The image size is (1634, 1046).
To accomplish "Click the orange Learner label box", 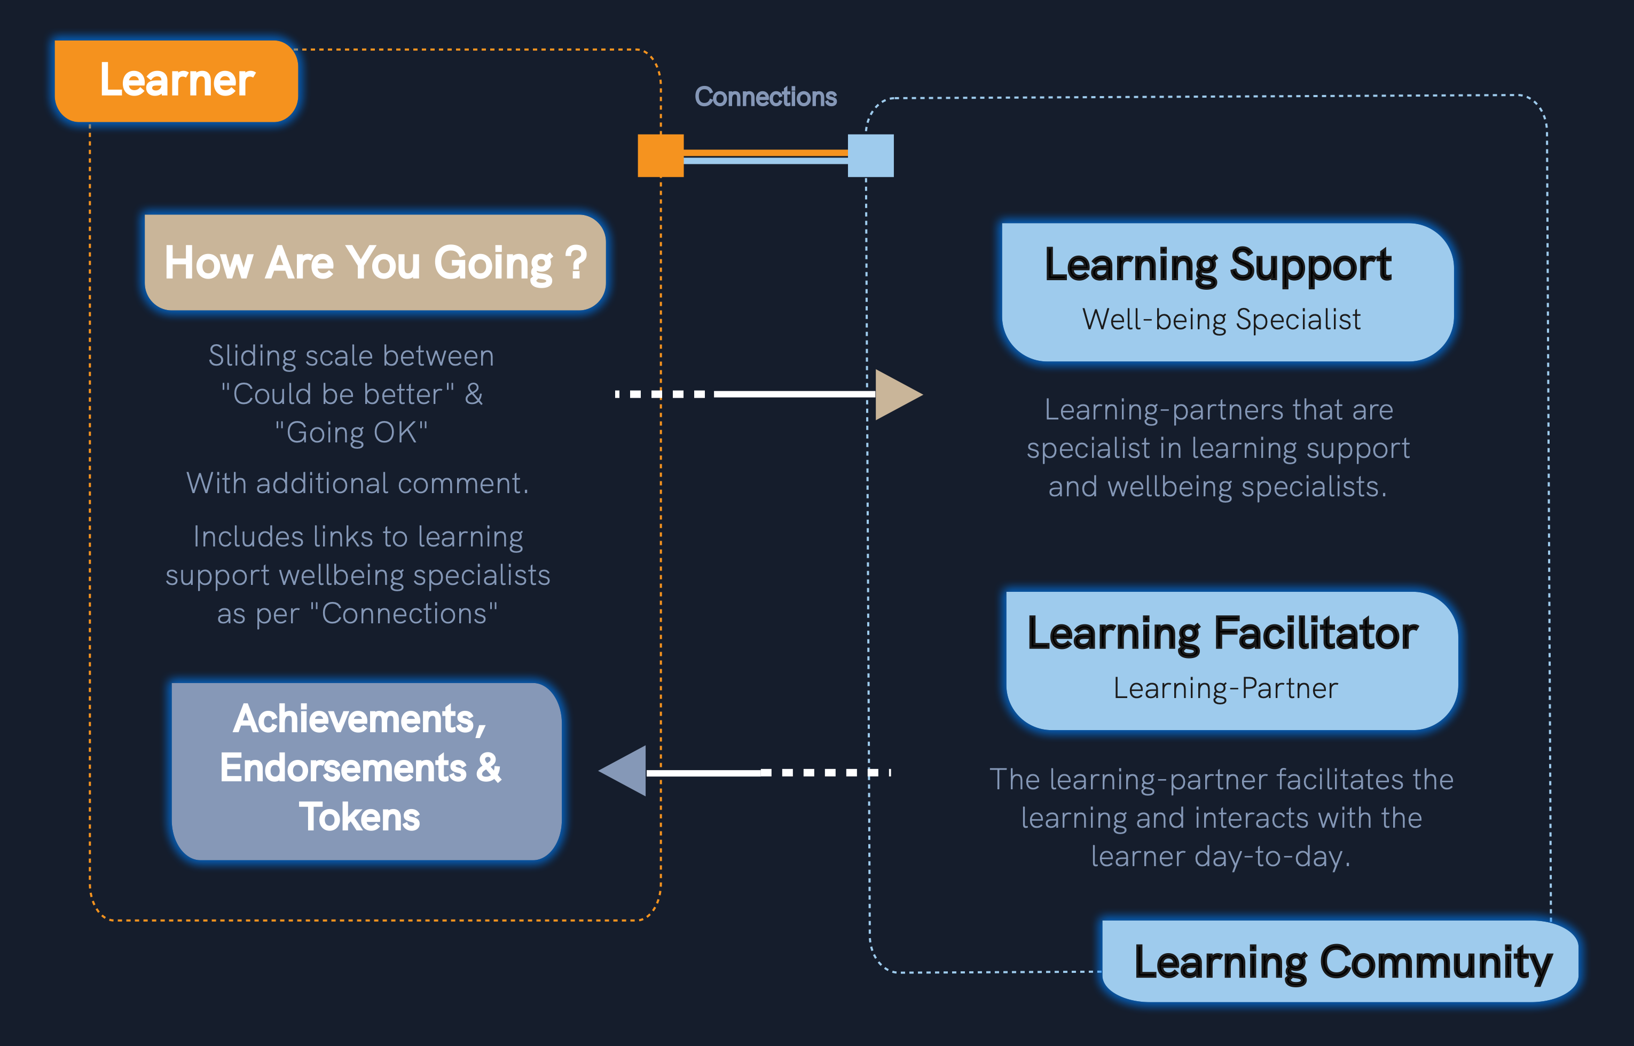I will click(176, 81).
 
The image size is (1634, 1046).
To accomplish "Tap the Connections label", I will click(765, 97).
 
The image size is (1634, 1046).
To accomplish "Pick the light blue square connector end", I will click(870, 155).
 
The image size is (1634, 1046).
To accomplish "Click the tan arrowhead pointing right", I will click(896, 394).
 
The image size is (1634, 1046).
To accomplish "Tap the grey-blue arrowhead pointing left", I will click(626, 771).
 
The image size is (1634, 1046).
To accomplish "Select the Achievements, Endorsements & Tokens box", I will click(366, 771).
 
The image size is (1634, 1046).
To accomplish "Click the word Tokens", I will click(359, 817).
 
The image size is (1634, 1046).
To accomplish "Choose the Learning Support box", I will click(1227, 292).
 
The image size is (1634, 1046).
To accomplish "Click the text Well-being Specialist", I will click(1221, 319).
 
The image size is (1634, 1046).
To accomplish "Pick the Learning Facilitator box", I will click(1231, 660).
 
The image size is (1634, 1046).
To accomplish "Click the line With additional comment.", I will click(357, 484).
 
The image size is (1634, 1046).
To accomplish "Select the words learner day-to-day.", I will click(1220, 857).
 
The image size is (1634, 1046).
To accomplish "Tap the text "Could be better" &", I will click(352, 394).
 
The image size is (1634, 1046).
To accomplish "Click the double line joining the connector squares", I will click(765, 156).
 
